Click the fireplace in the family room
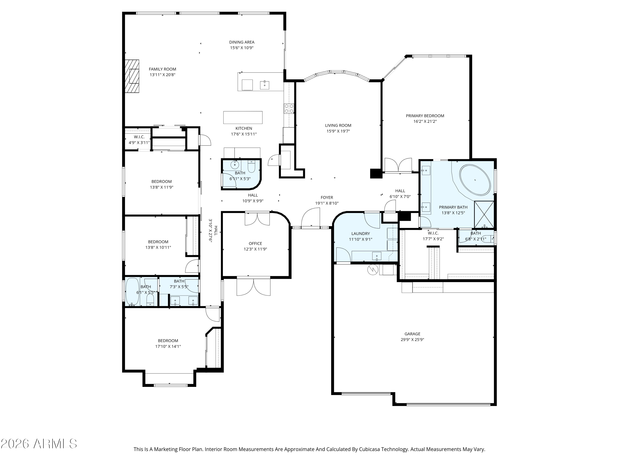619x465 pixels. [132, 76]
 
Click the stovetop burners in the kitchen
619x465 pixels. [289, 108]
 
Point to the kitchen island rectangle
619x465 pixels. [243, 117]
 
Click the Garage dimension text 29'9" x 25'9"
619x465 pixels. [412, 339]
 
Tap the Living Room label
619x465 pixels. [338, 125]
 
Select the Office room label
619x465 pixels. [255, 243]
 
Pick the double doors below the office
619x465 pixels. [254, 286]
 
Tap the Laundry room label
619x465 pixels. [360, 234]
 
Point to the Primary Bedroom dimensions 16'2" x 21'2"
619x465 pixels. [425, 121]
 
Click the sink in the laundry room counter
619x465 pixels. [377, 256]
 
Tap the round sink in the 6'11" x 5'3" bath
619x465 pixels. [235, 165]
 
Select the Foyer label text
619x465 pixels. [327, 197]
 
